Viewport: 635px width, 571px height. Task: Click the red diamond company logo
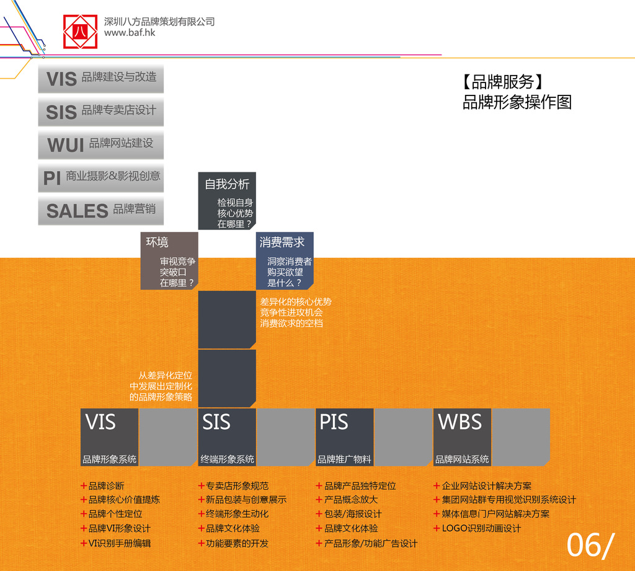(x=80, y=32)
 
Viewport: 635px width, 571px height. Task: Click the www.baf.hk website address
(x=130, y=32)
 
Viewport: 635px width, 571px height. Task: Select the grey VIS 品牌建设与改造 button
(x=101, y=79)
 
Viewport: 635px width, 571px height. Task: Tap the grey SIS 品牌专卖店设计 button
(x=101, y=112)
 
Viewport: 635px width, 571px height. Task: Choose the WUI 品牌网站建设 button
(x=101, y=144)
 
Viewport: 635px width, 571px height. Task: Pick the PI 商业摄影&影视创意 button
(x=101, y=178)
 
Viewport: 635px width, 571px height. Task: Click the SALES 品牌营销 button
(x=101, y=211)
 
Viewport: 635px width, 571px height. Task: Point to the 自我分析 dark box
(x=227, y=201)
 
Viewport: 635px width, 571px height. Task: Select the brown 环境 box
(x=169, y=261)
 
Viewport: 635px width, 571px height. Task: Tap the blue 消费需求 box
(x=285, y=261)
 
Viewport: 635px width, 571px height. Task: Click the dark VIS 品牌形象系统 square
(x=109, y=437)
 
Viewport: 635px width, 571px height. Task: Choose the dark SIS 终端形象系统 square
(x=227, y=437)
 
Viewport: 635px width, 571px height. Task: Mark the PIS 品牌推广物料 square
(x=345, y=437)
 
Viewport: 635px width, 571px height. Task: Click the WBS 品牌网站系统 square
(x=462, y=437)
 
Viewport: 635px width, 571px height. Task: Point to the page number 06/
(x=590, y=545)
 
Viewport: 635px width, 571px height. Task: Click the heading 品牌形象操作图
(x=517, y=102)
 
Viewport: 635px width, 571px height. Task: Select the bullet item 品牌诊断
(x=102, y=486)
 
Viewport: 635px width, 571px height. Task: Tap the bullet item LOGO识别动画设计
(x=477, y=528)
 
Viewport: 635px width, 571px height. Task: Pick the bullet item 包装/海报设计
(x=349, y=514)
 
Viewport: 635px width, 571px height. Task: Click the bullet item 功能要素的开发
(x=233, y=544)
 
